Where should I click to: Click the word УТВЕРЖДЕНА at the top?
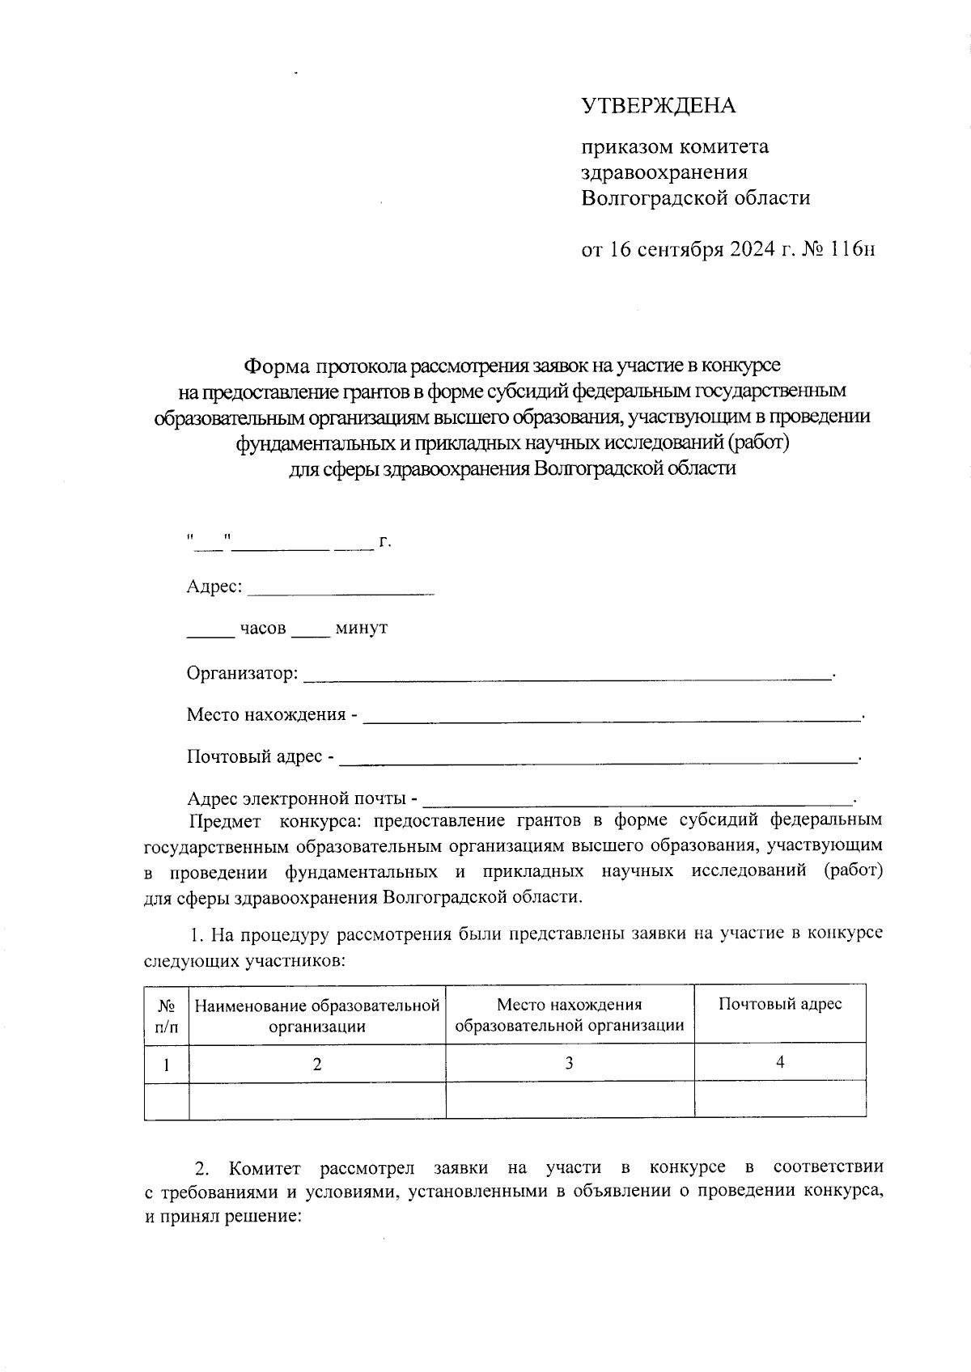[x=659, y=106]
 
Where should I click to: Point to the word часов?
[x=262, y=629]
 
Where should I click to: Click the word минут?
[x=361, y=629]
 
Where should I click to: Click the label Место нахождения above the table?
[x=266, y=714]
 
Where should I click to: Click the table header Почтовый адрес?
[x=780, y=1004]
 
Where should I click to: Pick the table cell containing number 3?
[x=570, y=1064]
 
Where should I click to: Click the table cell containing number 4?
[x=780, y=1063]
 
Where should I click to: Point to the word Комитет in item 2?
[x=264, y=1168]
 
